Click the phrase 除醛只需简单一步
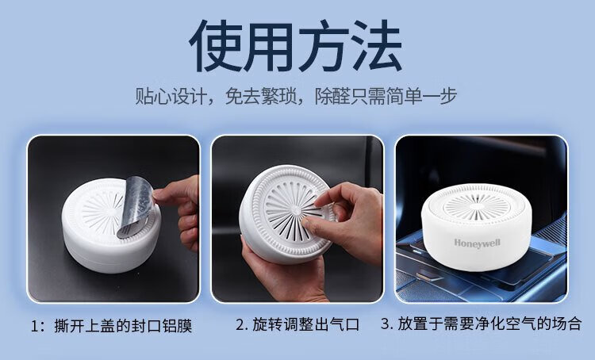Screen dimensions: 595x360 click(386, 96)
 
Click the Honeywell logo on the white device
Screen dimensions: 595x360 click(477, 243)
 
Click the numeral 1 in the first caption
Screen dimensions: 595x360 click(35, 326)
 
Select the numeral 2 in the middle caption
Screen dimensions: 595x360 click(241, 325)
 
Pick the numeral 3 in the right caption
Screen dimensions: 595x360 click(386, 324)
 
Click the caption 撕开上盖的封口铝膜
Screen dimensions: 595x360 click(123, 326)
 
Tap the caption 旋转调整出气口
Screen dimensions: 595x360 click(306, 325)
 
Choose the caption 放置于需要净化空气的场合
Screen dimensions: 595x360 click(490, 324)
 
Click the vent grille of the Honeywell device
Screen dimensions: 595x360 click(477, 206)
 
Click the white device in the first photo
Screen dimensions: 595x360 click(111, 225)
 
